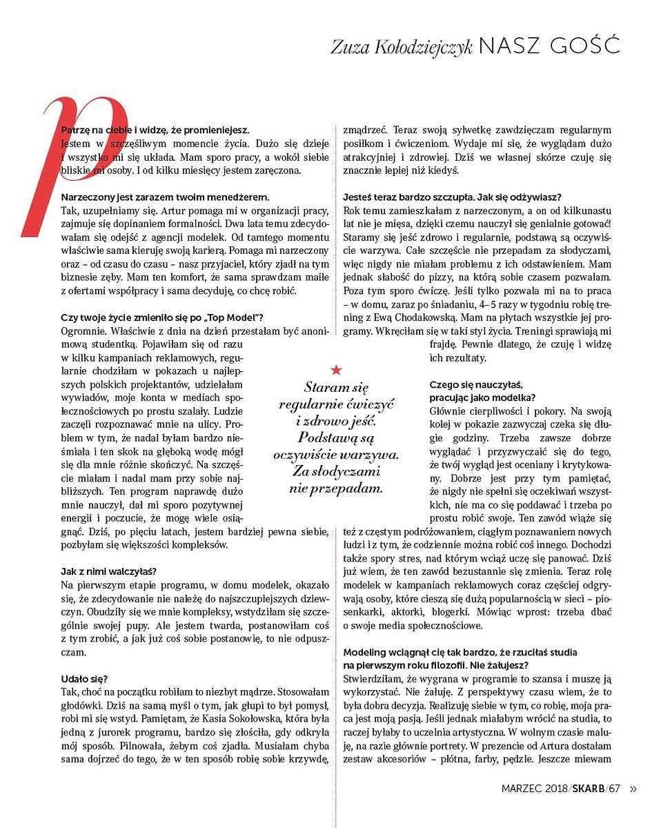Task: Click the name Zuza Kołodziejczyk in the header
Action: click(402, 46)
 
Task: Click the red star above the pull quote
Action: click(336, 371)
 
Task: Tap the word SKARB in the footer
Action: click(589, 789)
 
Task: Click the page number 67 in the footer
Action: click(615, 789)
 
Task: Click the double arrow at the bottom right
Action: click(633, 789)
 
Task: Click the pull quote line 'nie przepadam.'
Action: click(336, 489)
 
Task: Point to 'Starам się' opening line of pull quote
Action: click(336, 387)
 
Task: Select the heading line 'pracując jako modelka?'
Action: click(482, 397)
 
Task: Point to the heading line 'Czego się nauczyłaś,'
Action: click(476, 384)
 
